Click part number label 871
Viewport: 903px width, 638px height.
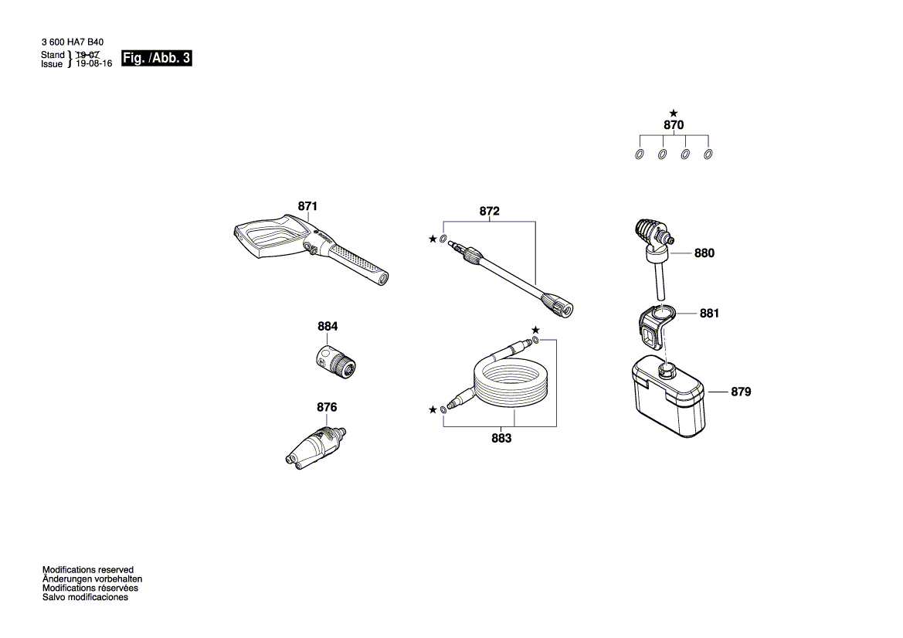tap(307, 206)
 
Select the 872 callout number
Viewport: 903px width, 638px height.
tap(490, 211)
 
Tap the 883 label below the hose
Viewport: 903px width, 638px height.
tap(501, 438)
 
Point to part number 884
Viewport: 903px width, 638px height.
tap(328, 327)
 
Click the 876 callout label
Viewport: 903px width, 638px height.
tap(327, 407)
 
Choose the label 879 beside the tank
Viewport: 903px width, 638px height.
tap(740, 392)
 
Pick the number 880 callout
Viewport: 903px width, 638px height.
tap(704, 253)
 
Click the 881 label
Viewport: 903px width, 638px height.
tap(709, 314)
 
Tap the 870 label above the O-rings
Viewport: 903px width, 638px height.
tap(674, 125)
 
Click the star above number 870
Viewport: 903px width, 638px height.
tap(674, 113)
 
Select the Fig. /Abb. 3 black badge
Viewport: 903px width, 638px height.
tap(157, 59)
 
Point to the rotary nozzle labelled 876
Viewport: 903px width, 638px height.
tap(313, 445)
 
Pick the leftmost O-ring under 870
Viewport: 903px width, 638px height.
tap(640, 154)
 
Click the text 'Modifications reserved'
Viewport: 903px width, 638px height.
tap(88, 569)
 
